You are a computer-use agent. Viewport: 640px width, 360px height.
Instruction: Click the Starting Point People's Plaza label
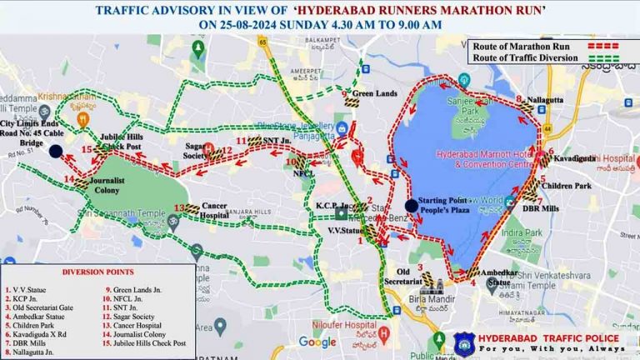click(447, 206)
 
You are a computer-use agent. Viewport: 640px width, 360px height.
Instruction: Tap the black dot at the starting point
click(411, 206)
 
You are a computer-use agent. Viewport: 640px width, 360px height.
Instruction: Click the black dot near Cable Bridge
click(55, 151)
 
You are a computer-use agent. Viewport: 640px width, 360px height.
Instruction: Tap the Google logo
click(317, 342)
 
